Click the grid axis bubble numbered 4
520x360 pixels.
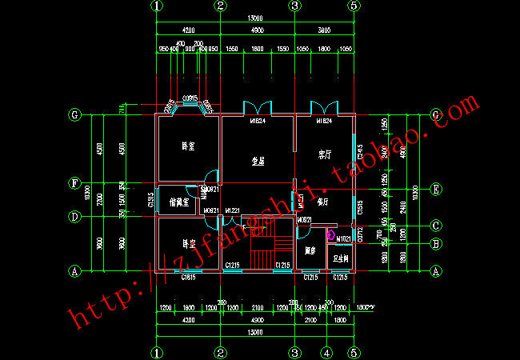pyautogui.click(x=326, y=352)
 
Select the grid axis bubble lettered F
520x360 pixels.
pyautogui.click(x=74, y=183)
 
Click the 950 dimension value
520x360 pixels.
pyautogui.click(x=162, y=50)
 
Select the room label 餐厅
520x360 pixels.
pyautogui.click(x=322, y=202)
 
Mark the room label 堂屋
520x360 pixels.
pyautogui.click(x=258, y=161)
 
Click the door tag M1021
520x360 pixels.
pyautogui.click(x=343, y=238)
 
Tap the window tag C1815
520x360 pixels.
pyautogui.click(x=189, y=277)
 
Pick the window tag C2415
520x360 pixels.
pyautogui.click(x=360, y=150)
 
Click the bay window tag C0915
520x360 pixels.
pyautogui.click(x=190, y=98)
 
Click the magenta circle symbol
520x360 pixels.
pyautogui.click(x=330, y=234)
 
